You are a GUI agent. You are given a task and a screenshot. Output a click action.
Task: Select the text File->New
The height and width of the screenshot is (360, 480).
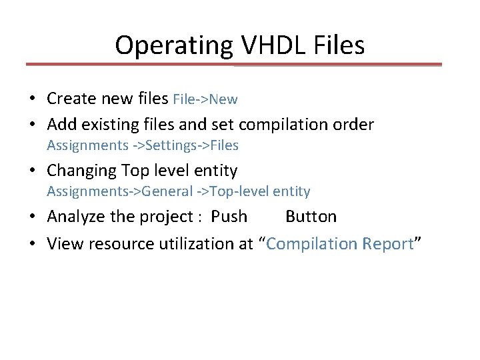pos(205,99)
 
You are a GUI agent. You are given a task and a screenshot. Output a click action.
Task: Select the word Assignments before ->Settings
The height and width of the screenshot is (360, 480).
pos(87,145)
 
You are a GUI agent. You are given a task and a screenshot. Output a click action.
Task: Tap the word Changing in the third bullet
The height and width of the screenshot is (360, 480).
pos(81,171)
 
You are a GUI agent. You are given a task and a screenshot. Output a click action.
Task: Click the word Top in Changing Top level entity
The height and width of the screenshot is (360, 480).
pos(135,171)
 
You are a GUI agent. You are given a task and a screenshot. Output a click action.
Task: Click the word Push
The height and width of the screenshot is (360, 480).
pos(229,217)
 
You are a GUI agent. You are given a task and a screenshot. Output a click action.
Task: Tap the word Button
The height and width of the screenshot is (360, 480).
pos(311,217)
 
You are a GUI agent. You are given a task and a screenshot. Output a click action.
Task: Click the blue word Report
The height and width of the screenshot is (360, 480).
pos(388,244)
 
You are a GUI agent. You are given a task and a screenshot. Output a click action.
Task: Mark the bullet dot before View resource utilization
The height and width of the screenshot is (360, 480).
pos(32,245)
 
